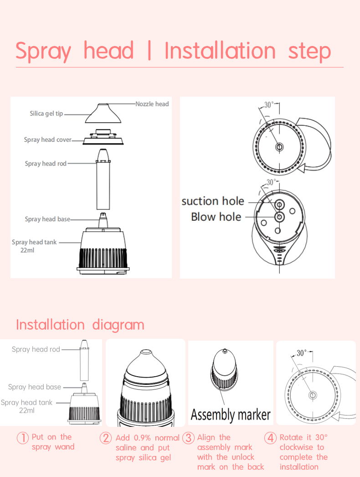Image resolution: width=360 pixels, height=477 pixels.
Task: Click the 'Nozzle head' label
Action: click(x=152, y=104)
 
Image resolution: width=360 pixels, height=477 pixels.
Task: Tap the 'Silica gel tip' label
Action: click(x=46, y=114)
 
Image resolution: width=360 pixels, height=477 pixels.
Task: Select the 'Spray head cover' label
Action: click(x=48, y=140)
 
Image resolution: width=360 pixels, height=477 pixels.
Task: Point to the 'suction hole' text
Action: click(x=213, y=201)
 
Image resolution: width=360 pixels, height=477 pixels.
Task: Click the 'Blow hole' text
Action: click(x=216, y=217)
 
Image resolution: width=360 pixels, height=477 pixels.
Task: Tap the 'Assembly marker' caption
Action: click(x=231, y=415)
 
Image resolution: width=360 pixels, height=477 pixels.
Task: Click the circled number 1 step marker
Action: click(x=22, y=438)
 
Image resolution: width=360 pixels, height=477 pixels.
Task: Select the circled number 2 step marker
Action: click(x=106, y=438)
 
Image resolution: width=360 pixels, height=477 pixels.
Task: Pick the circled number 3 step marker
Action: click(x=188, y=438)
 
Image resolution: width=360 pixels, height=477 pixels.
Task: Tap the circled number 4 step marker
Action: click(x=270, y=438)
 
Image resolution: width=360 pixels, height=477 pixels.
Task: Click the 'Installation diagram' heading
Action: click(x=80, y=325)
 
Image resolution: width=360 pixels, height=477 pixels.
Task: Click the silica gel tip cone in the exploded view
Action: click(x=103, y=114)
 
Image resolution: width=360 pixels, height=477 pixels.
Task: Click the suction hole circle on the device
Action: click(x=279, y=204)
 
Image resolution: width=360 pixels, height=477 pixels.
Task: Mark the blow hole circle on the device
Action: click(x=279, y=217)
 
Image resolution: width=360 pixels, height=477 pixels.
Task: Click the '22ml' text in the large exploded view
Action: click(x=27, y=250)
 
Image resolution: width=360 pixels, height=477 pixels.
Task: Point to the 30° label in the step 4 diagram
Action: click(x=302, y=353)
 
